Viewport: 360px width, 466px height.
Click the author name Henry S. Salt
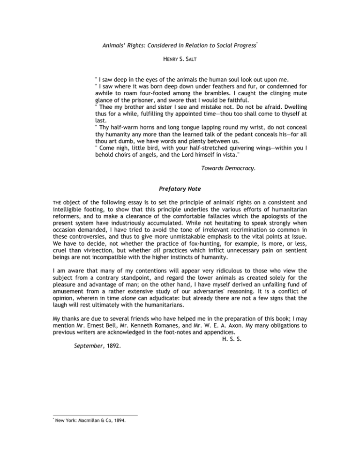(x=180, y=60)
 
